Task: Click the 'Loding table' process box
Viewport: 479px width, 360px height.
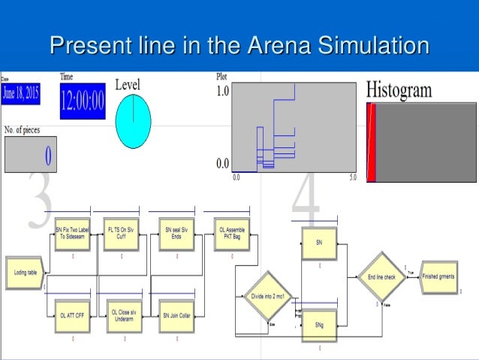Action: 26,274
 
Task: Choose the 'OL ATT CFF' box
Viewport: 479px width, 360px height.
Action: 73,316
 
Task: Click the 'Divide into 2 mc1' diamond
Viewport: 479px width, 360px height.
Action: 267,296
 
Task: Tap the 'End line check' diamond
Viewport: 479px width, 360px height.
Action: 381,277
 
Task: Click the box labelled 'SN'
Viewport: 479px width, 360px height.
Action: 319,244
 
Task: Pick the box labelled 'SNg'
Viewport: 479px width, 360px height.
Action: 319,325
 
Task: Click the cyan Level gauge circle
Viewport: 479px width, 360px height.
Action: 133,122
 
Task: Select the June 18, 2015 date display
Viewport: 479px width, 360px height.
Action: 21,93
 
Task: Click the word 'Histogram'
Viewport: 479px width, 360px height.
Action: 399,90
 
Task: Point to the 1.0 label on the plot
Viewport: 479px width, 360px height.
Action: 223,91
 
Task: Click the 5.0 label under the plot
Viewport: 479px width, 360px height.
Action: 352,177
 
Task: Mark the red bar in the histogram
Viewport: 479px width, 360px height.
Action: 371,143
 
